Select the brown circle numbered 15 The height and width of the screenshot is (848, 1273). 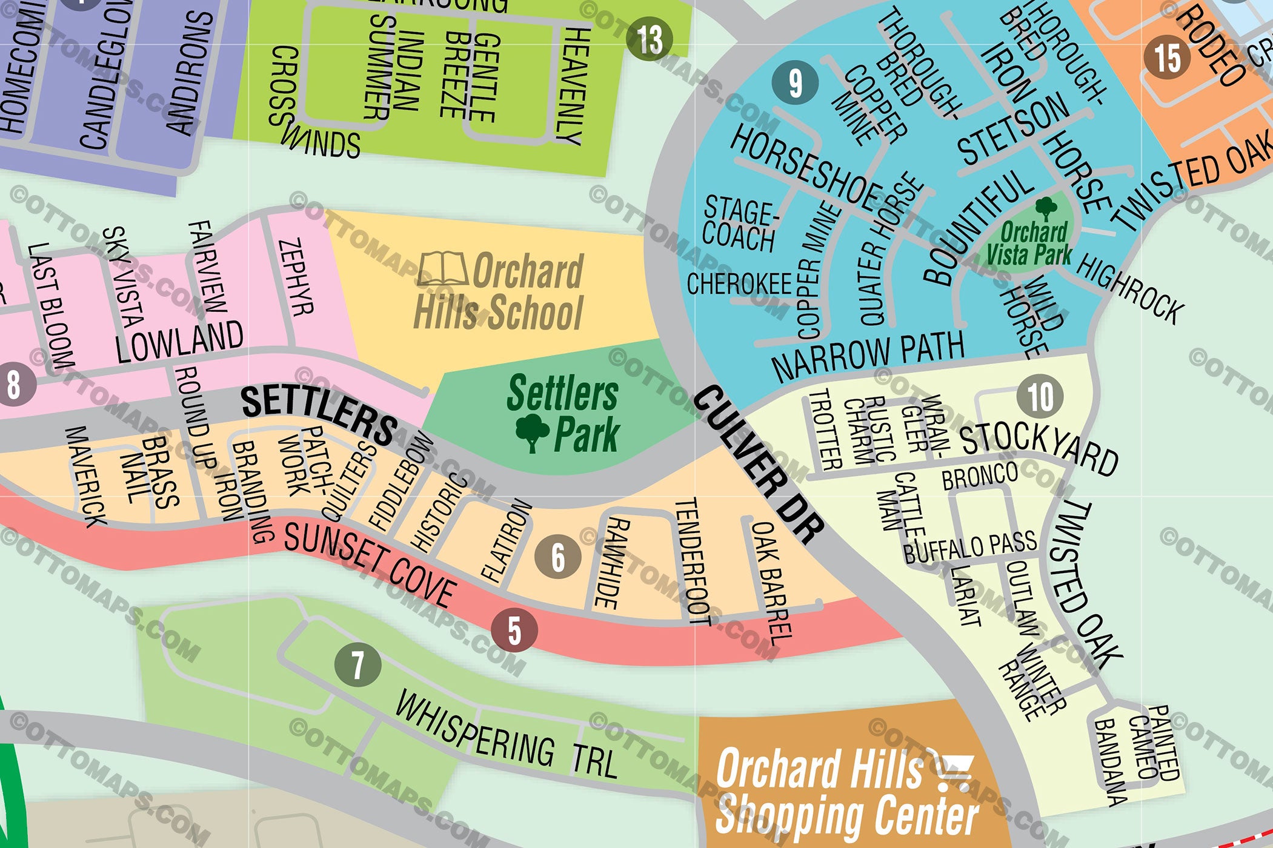1167,58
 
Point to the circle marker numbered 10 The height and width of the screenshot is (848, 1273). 1040,397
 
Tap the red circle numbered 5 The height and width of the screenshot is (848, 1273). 514,630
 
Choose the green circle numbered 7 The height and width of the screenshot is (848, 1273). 357,665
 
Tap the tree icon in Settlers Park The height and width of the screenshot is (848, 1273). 532,431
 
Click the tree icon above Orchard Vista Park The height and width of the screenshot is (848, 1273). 1046,208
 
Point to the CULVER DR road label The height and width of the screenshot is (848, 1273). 758,463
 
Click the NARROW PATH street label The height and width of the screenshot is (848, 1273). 868,355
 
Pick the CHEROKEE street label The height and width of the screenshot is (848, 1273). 739,283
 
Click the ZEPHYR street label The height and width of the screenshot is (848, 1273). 296,277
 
